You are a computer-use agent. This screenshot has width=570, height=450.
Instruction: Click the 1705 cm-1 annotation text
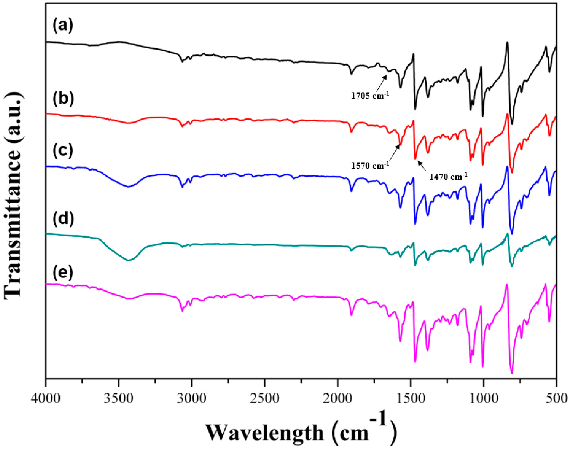(370, 95)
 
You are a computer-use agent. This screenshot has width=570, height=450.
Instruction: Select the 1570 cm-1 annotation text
(370, 165)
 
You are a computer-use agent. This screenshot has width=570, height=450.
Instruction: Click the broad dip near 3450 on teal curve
(129, 260)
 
